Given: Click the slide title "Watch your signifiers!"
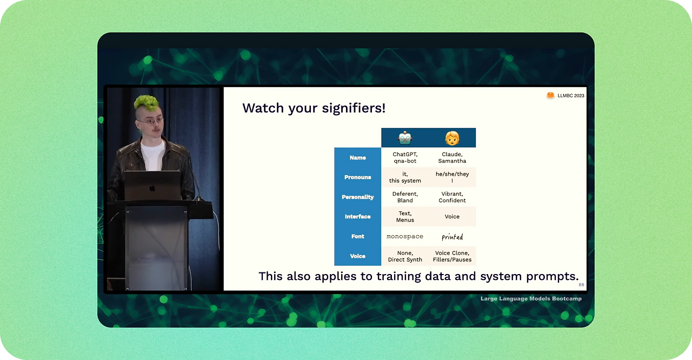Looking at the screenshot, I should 314,108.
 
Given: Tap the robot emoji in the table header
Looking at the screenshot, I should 405,138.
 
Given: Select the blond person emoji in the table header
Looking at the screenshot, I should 452,138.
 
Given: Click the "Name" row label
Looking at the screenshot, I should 357,158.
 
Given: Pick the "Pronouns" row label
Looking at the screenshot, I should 357,177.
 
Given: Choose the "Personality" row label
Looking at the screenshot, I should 357,197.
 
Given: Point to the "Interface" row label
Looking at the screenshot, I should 357,217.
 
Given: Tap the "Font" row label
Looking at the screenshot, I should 357,237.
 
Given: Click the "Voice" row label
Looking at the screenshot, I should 357,256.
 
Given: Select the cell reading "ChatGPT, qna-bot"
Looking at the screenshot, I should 405,158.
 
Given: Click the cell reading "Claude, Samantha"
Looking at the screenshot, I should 452,158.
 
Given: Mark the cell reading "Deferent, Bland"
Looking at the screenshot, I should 405,197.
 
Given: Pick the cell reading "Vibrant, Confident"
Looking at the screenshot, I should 452,197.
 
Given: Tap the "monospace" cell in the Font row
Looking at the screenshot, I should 405,237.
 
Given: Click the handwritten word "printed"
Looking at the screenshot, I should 452,237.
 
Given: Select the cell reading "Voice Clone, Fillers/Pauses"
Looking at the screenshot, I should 452,256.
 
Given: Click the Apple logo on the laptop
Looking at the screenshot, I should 152,188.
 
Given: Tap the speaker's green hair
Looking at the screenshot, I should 146,102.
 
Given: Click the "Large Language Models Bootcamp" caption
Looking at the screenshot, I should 531,298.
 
